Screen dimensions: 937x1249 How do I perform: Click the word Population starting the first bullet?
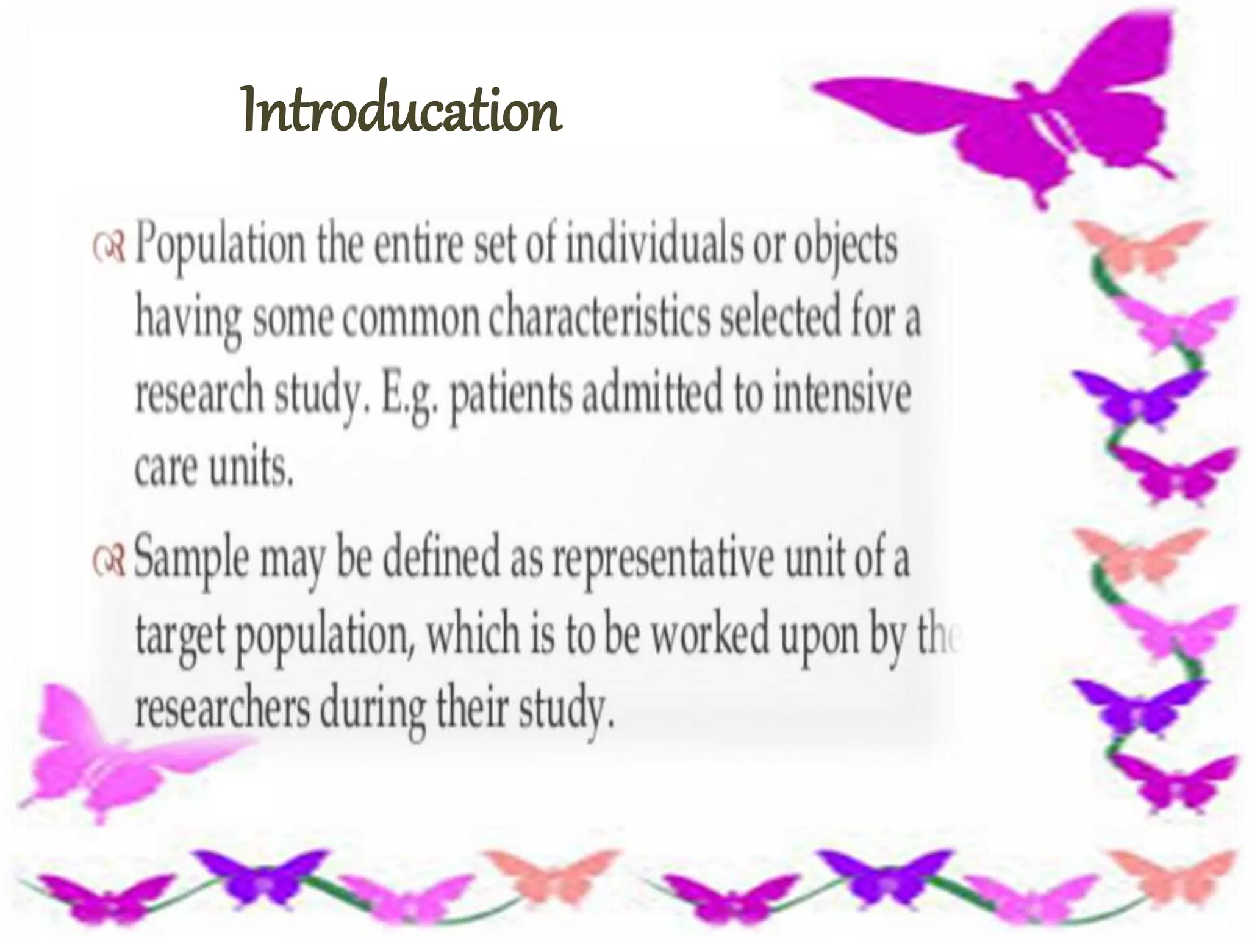pyautogui.click(x=220, y=247)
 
